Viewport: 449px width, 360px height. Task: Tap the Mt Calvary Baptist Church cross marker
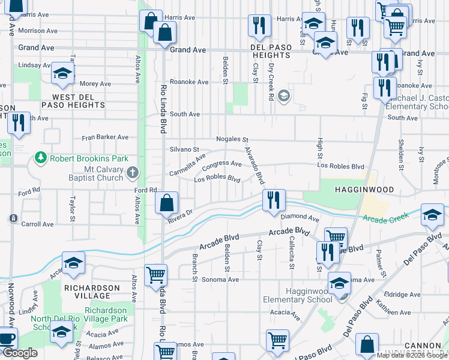coord(133,173)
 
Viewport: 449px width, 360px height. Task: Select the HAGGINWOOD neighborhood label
coord(364,190)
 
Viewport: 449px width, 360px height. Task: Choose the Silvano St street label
coord(184,149)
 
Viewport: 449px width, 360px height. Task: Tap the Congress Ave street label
coord(221,164)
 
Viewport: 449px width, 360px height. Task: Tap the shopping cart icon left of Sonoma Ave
coord(156,275)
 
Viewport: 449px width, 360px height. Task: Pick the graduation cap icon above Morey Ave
coord(62,73)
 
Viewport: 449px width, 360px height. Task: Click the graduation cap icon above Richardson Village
coord(73,263)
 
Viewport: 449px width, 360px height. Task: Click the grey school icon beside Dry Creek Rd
coord(284,95)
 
